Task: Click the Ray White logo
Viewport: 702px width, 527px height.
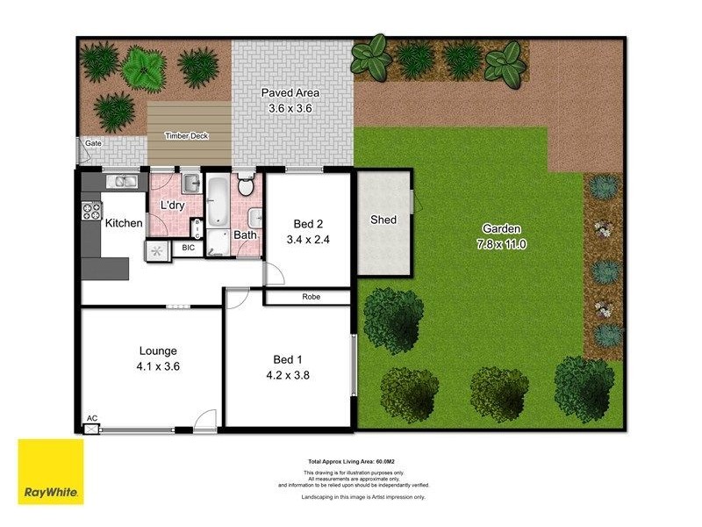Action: [x=51, y=473]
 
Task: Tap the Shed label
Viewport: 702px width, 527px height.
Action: [x=383, y=220]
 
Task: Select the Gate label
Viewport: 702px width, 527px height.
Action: [x=92, y=142]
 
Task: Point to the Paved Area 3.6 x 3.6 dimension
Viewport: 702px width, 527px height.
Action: [x=290, y=109]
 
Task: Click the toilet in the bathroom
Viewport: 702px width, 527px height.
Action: [x=246, y=185]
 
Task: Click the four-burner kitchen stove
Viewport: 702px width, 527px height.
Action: [x=90, y=211]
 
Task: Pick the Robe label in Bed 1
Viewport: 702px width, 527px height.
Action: [x=311, y=297]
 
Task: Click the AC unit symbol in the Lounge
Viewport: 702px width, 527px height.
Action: [x=91, y=429]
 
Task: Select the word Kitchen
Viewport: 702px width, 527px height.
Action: [x=124, y=223]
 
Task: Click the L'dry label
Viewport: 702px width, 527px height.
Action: [x=172, y=206]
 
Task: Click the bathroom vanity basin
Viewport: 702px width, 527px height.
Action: [x=254, y=218]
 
